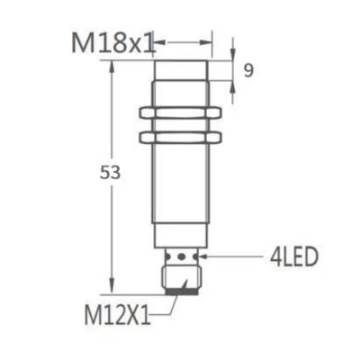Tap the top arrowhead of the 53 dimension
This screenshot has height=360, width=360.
(112, 66)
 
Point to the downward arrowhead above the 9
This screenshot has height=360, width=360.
(232, 56)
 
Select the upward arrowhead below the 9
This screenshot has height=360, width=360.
(232, 83)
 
